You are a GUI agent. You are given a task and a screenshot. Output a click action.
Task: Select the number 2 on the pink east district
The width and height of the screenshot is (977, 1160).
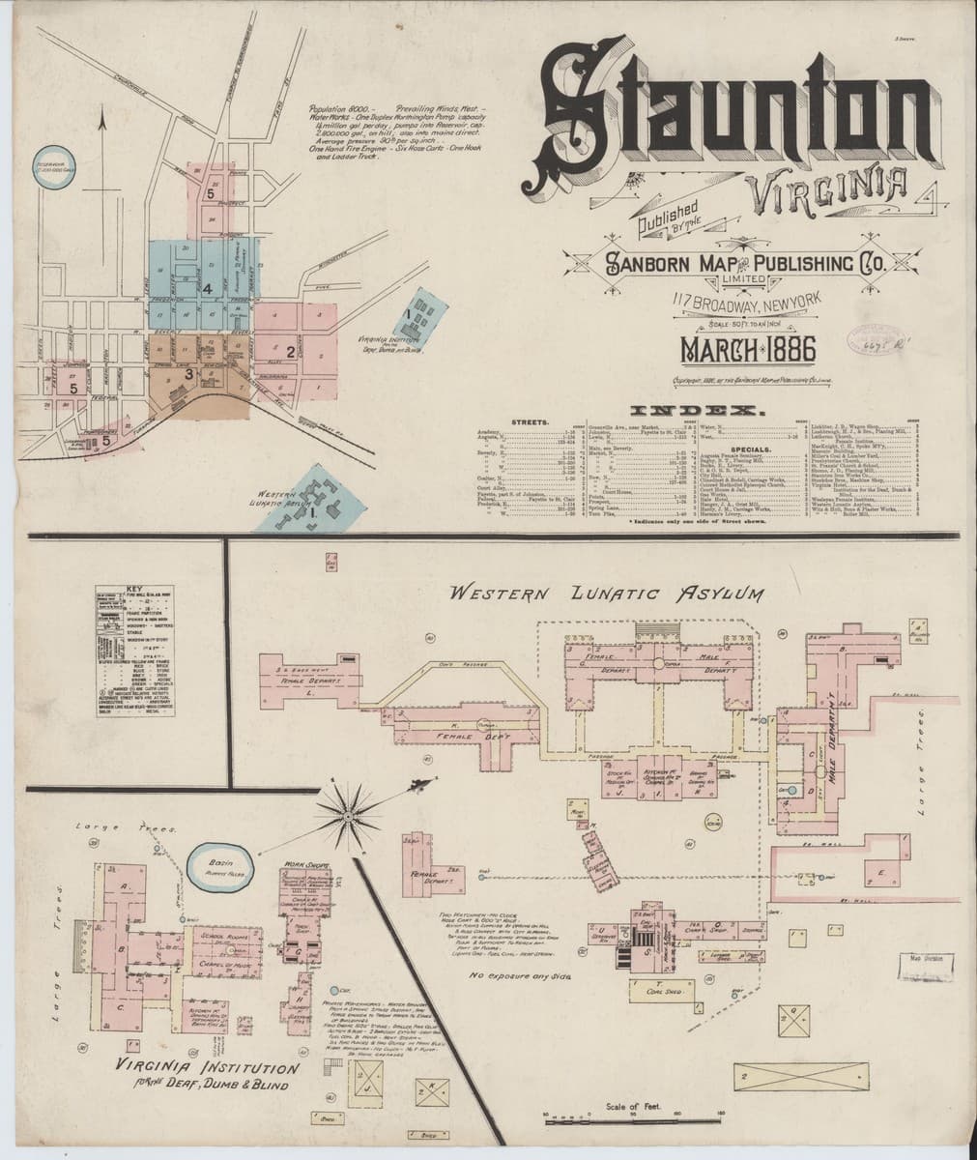tap(290, 349)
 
